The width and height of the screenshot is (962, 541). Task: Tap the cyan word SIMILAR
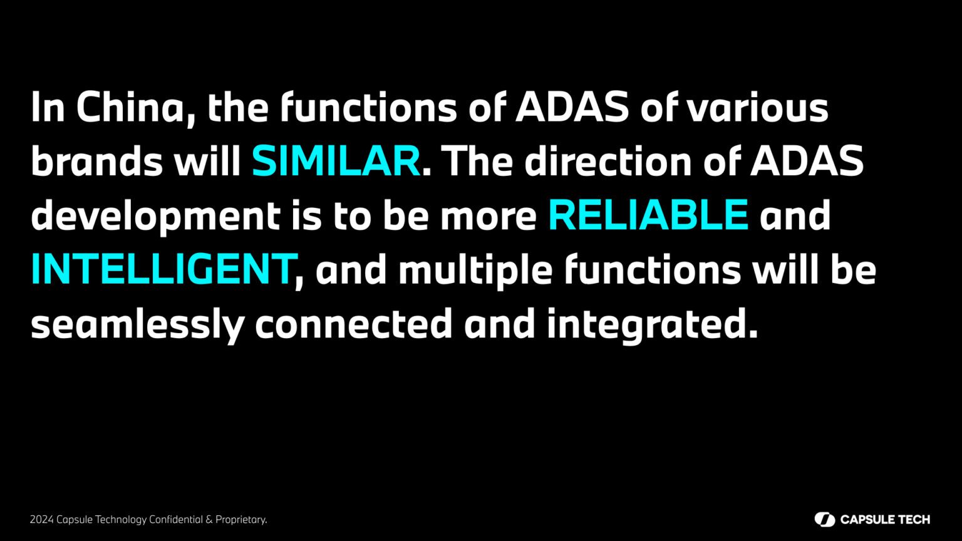coord(336,161)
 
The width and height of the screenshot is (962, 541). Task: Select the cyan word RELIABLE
coord(648,215)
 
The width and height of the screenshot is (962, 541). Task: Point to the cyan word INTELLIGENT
coord(163,269)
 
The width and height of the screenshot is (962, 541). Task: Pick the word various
coord(757,107)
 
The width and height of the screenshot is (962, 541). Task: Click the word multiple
coord(475,270)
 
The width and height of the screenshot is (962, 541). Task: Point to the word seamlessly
coord(138,324)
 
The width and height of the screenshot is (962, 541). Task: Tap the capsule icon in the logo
coord(825,520)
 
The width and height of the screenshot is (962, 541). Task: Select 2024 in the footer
coord(42,520)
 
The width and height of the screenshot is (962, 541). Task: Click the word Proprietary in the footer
coord(241,520)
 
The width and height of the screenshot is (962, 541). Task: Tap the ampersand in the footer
coord(209,520)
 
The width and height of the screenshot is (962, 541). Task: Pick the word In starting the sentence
coord(48,107)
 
